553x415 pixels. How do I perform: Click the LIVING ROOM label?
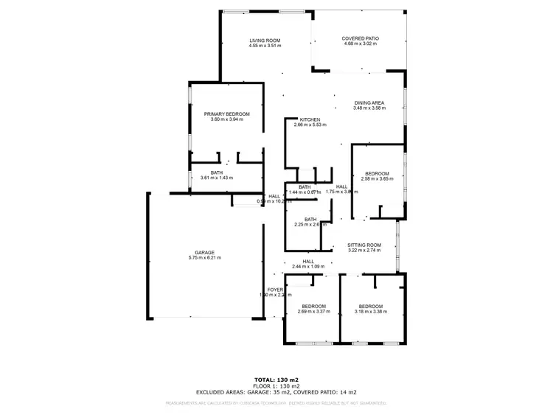point(265,40)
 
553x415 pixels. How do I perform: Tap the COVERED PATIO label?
point(360,39)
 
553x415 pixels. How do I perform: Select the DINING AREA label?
point(369,102)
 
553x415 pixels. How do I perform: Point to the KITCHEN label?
point(309,119)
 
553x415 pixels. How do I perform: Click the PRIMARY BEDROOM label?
point(227,114)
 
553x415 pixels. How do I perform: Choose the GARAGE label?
point(205,252)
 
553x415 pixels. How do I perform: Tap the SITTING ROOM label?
point(364,245)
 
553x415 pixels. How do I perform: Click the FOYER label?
point(275,290)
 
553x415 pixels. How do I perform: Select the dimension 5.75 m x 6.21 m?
point(205,257)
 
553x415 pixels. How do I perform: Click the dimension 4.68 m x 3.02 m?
point(360,44)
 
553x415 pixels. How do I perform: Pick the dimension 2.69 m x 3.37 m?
point(313,311)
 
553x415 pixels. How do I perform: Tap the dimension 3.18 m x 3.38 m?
point(371,311)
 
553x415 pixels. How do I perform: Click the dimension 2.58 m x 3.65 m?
point(378,178)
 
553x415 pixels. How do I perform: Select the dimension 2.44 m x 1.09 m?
point(308,266)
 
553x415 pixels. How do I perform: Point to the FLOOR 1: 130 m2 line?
point(276,386)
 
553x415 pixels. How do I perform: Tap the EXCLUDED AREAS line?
point(276,392)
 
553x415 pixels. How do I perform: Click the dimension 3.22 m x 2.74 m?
point(364,250)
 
